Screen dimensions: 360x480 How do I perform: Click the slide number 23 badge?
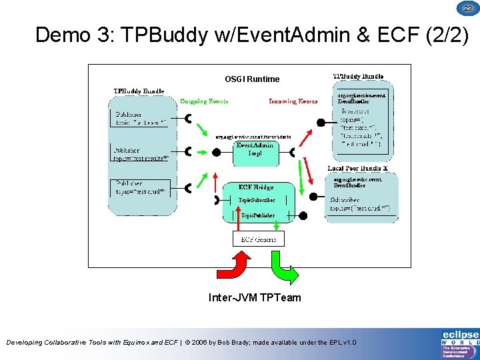coord(468,8)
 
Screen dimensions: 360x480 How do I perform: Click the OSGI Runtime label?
coord(252,79)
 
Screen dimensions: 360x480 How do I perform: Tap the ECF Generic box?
coord(258,239)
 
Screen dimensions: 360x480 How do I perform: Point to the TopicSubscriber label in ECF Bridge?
coord(257,200)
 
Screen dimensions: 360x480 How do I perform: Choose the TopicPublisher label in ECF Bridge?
coord(258,215)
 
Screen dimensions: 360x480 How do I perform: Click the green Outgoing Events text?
coord(204,101)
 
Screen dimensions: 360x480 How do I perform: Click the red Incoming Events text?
coord(293,101)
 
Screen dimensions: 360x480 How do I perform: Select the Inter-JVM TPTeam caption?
coord(255,297)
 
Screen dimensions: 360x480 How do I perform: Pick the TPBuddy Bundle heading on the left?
coord(139,91)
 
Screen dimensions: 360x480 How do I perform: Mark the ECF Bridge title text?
coord(256,187)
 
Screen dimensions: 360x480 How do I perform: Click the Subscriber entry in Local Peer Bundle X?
coord(346,199)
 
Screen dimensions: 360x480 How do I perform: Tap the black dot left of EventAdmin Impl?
coord(216,152)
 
